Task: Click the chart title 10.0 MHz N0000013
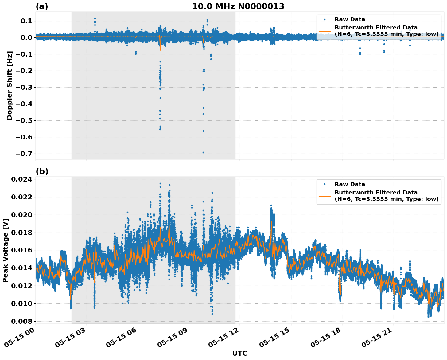click(238, 6)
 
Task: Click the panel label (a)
click(42, 6)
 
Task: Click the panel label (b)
click(42, 171)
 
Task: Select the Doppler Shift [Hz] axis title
click(10, 85)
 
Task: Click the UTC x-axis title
click(239, 353)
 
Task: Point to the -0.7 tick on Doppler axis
click(24, 154)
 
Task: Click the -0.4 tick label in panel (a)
click(24, 104)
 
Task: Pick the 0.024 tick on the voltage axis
click(21, 179)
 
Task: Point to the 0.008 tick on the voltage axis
click(21, 321)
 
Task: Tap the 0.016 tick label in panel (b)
click(21, 250)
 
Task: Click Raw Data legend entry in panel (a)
click(350, 19)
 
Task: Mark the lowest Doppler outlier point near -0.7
click(203, 152)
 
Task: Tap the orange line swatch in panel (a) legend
click(325, 31)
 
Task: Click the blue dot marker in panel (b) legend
click(325, 184)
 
